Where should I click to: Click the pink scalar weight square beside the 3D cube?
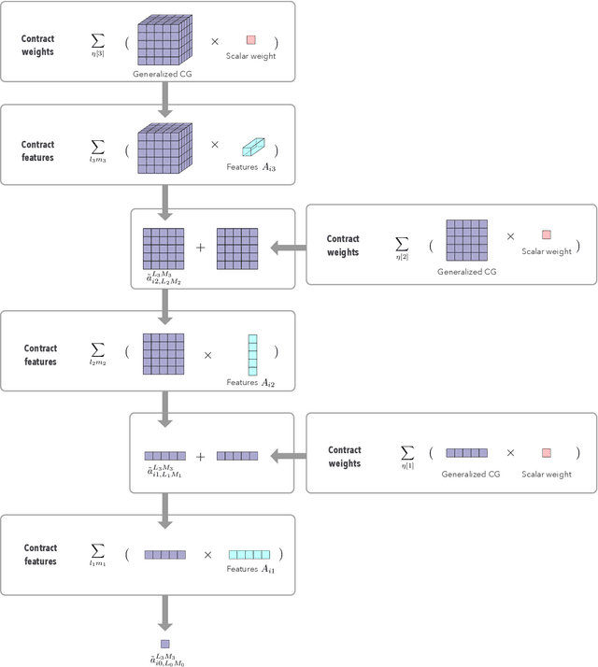(250, 40)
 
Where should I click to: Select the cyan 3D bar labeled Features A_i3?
(253, 147)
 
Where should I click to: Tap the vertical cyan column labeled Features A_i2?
(251, 354)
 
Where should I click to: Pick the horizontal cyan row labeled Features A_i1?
(249, 554)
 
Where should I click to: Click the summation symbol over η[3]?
(97, 41)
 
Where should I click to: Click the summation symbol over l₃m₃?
(97, 148)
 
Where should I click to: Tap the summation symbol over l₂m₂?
(97, 353)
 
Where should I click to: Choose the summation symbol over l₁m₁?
(97, 554)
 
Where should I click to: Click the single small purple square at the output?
(164, 644)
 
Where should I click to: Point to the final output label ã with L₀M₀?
(164, 660)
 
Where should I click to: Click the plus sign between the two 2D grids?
(200, 248)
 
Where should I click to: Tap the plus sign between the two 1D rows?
(200, 457)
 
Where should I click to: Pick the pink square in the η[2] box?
(547, 235)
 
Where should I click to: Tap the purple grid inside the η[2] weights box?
(465, 240)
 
